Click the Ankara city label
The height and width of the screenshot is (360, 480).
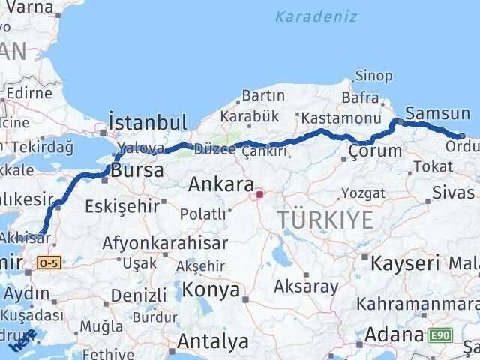coord(219,184)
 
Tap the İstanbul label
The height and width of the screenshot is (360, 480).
coord(147,122)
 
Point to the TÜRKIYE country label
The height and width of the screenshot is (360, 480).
coord(325,220)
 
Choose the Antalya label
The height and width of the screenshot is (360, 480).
coord(212,341)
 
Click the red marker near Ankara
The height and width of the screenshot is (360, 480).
coord(260,195)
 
